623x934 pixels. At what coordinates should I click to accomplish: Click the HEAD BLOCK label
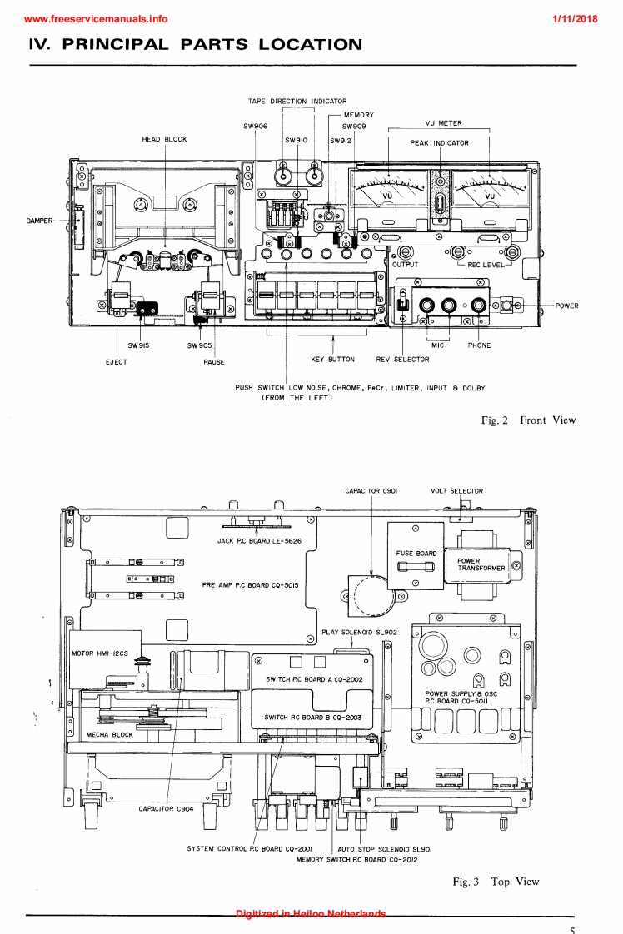pyautogui.click(x=164, y=139)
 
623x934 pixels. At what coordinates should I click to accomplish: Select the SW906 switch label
pyautogui.click(x=256, y=126)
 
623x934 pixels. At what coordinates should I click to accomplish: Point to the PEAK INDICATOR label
pyautogui.click(x=439, y=143)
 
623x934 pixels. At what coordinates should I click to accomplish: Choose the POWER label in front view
pyautogui.click(x=566, y=306)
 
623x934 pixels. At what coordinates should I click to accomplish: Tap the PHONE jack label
pyautogui.click(x=479, y=345)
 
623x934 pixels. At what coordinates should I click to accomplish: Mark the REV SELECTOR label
pyautogui.click(x=402, y=360)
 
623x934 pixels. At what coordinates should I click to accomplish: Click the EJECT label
pyautogui.click(x=117, y=362)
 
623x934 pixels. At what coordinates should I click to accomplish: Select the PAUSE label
pyautogui.click(x=214, y=362)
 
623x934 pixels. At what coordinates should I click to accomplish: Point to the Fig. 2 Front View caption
pyautogui.click(x=528, y=420)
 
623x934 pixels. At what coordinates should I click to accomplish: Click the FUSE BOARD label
pyautogui.click(x=416, y=554)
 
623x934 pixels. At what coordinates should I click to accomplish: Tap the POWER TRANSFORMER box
pyautogui.click(x=481, y=564)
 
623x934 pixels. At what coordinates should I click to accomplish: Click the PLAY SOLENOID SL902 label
pyautogui.click(x=359, y=632)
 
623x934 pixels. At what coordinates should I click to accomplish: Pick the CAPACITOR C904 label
pyautogui.click(x=167, y=808)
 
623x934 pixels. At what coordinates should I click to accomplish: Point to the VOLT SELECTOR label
pyautogui.click(x=456, y=491)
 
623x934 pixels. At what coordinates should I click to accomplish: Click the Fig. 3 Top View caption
pyautogui.click(x=496, y=882)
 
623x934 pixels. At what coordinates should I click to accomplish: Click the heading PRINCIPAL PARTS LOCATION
pyautogui.click(x=195, y=44)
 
